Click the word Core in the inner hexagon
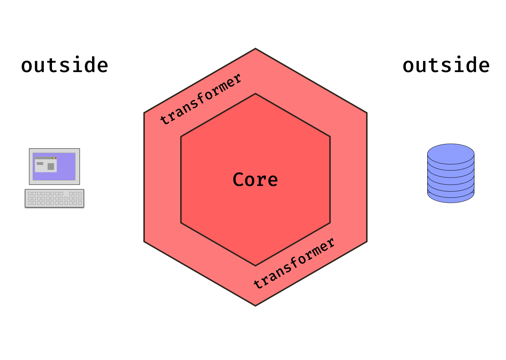[x=255, y=180]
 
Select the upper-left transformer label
[x=201, y=99]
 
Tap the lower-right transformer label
[x=294, y=264]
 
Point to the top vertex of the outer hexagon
[x=255, y=49]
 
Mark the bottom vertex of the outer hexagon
[x=255, y=305]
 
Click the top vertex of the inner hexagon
[x=255, y=94]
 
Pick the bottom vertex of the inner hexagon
[x=255, y=265]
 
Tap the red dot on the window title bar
[x=56, y=158]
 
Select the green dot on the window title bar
[x=53, y=158]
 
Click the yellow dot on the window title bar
[x=54, y=158]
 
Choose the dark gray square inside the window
[x=51, y=166]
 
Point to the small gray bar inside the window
[x=40, y=163]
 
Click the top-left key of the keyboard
[x=30, y=194]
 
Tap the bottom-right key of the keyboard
[x=80, y=203]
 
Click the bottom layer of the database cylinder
[x=451, y=197]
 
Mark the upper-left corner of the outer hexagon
[x=144, y=113]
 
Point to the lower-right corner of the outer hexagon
[x=366, y=242]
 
